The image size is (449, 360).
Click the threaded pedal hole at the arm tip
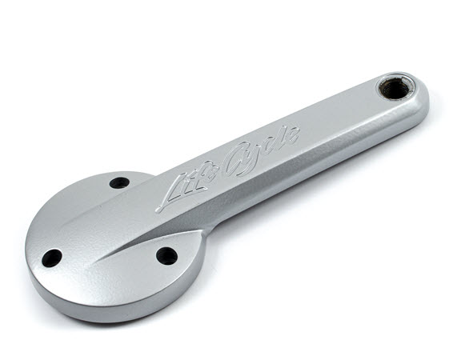(x=391, y=89)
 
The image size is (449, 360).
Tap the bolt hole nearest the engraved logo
(x=119, y=182)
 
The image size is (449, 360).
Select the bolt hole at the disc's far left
(x=52, y=258)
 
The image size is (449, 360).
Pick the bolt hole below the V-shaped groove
(x=166, y=256)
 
